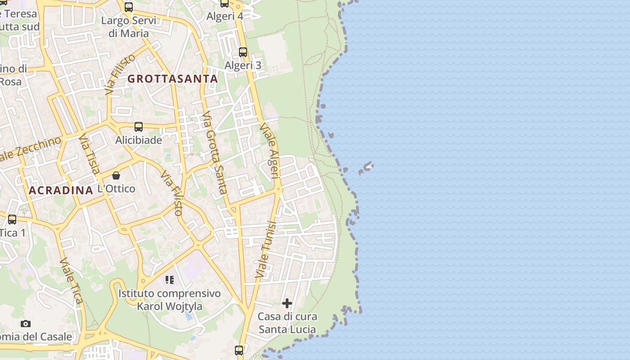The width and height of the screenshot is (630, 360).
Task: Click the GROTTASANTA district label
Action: [173, 79]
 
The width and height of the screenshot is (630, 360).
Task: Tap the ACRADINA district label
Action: [61, 190]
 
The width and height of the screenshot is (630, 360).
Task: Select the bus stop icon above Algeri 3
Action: [243, 52]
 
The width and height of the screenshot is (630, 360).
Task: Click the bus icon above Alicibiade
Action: [139, 127]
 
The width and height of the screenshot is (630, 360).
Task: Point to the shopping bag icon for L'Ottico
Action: [116, 175]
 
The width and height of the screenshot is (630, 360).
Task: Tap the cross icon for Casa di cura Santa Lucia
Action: [287, 303]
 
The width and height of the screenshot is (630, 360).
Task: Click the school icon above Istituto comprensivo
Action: [170, 280]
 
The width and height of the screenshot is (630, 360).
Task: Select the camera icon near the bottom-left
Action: [26, 324]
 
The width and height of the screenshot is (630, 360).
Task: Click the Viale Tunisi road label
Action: [265, 250]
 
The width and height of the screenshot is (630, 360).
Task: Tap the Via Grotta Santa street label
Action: [214, 153]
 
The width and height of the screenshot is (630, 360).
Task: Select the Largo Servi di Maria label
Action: [129, 27]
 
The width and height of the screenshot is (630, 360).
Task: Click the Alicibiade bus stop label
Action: [139, 140]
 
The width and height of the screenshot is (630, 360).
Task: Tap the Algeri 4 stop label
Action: [225, 16]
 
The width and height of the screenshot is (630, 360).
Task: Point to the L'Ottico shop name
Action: [116, 189]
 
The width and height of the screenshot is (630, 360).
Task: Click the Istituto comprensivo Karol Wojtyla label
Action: [170, 300]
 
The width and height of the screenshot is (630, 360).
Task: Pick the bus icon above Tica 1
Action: [12, 220]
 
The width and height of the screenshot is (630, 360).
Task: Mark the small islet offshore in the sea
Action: [366, 168]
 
